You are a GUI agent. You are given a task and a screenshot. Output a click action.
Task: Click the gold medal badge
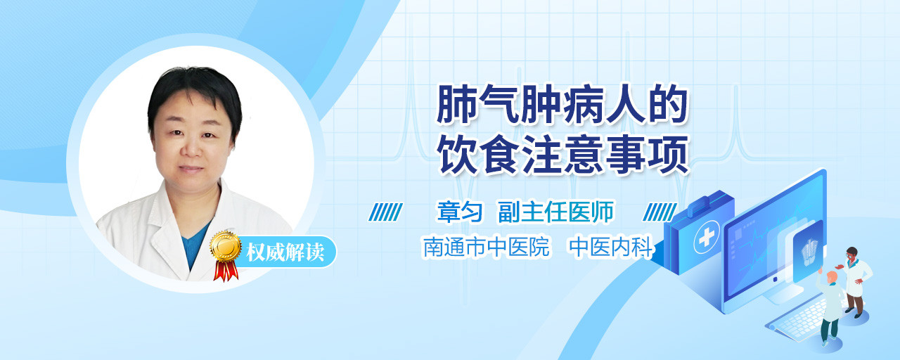pyautogui.click(x=226, y=246)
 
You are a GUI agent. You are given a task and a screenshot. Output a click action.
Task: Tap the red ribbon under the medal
pyautogui.click(x=226, y=271)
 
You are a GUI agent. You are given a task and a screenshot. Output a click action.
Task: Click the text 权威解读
pyautogui.click(x=285, y=252)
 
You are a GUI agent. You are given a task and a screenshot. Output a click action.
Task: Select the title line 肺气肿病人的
pyautogui.click(x=562, y=104)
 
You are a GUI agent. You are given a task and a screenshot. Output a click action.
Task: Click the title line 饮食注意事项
pyautogui.click(x=564, y=155)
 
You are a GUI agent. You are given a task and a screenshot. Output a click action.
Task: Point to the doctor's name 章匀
pyautogui.click(x=460, y=212)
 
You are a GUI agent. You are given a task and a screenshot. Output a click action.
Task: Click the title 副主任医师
pyautogui.click(x=555, y=212)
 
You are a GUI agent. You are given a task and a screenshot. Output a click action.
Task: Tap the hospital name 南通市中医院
pyautogui.click(x=486, y=247)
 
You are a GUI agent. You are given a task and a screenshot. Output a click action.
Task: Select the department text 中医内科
pyautogui.click(x=611, y=247)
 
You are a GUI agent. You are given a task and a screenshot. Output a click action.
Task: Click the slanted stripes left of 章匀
pyautogui.click(x=386, y=212)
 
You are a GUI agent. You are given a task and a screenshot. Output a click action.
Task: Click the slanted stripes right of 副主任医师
pyautogui.click(x=660, y=212)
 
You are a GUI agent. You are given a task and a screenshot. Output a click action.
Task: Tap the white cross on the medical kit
pyautogui.click(x=707, y=237)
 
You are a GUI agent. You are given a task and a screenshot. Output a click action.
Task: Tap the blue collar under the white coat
pyautogui.click(x=195, y=246)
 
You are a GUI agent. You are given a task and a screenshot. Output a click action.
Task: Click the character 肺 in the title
pyautogui.click(x=456, y=104)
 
